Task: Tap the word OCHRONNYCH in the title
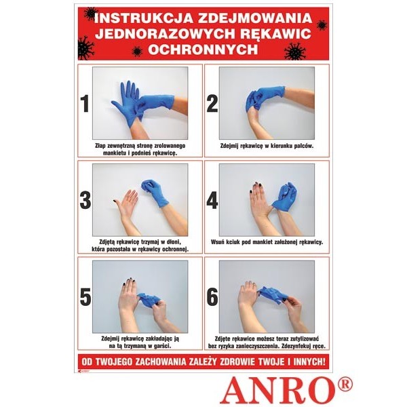[x=203, y=49]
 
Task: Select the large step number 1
[x=85, y=104]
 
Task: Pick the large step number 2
[x=212, y=104]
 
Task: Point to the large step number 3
[x=85, y=200]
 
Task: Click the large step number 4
[x=212, y=200]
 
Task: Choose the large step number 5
[x=85, y=297]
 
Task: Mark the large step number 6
[x=212, y=297]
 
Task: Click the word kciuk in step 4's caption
[x=233, y=242]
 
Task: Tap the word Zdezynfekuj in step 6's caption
[x=296, y=346]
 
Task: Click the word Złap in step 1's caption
[x=100, y=146]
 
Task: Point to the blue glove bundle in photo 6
[x=273, y=294]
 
